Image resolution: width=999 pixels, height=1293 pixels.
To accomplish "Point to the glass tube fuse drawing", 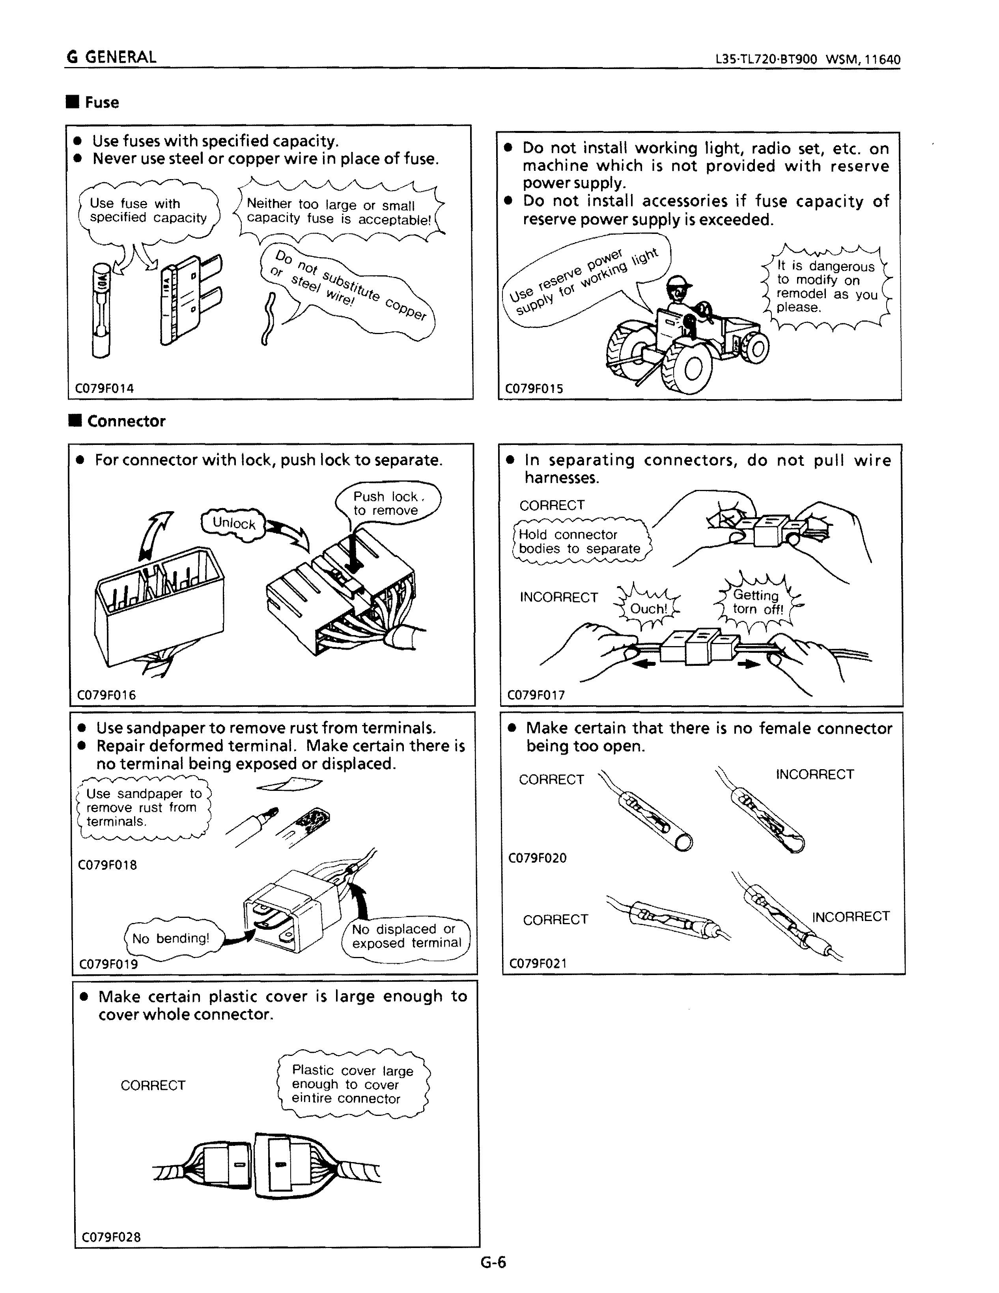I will tap(101, 310).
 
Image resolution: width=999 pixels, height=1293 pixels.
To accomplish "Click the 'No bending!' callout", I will tap(170, 938).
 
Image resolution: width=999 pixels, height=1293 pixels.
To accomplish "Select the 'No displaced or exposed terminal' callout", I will tap(406, 936).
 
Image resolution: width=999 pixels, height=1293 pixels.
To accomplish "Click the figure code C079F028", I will tap(111, 1237).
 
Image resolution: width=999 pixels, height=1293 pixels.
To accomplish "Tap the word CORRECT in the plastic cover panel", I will tap(153, 1085).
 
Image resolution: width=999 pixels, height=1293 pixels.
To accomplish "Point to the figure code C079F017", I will tap(536, 695).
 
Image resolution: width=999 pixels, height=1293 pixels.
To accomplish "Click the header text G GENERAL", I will tap(112, 58).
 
